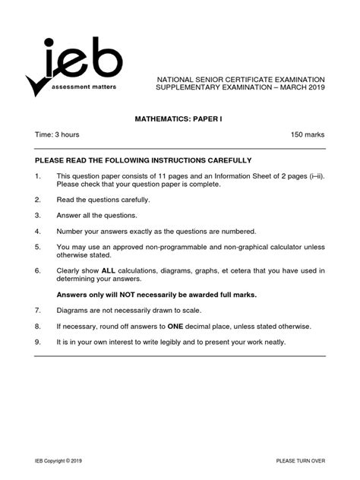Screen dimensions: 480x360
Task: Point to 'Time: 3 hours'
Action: tap(57, 134)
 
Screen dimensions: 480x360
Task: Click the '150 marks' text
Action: tap(308, 134)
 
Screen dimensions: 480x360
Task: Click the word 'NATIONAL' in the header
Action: tap(178, 79)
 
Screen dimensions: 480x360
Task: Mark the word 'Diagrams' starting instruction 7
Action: tap(72, 310)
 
